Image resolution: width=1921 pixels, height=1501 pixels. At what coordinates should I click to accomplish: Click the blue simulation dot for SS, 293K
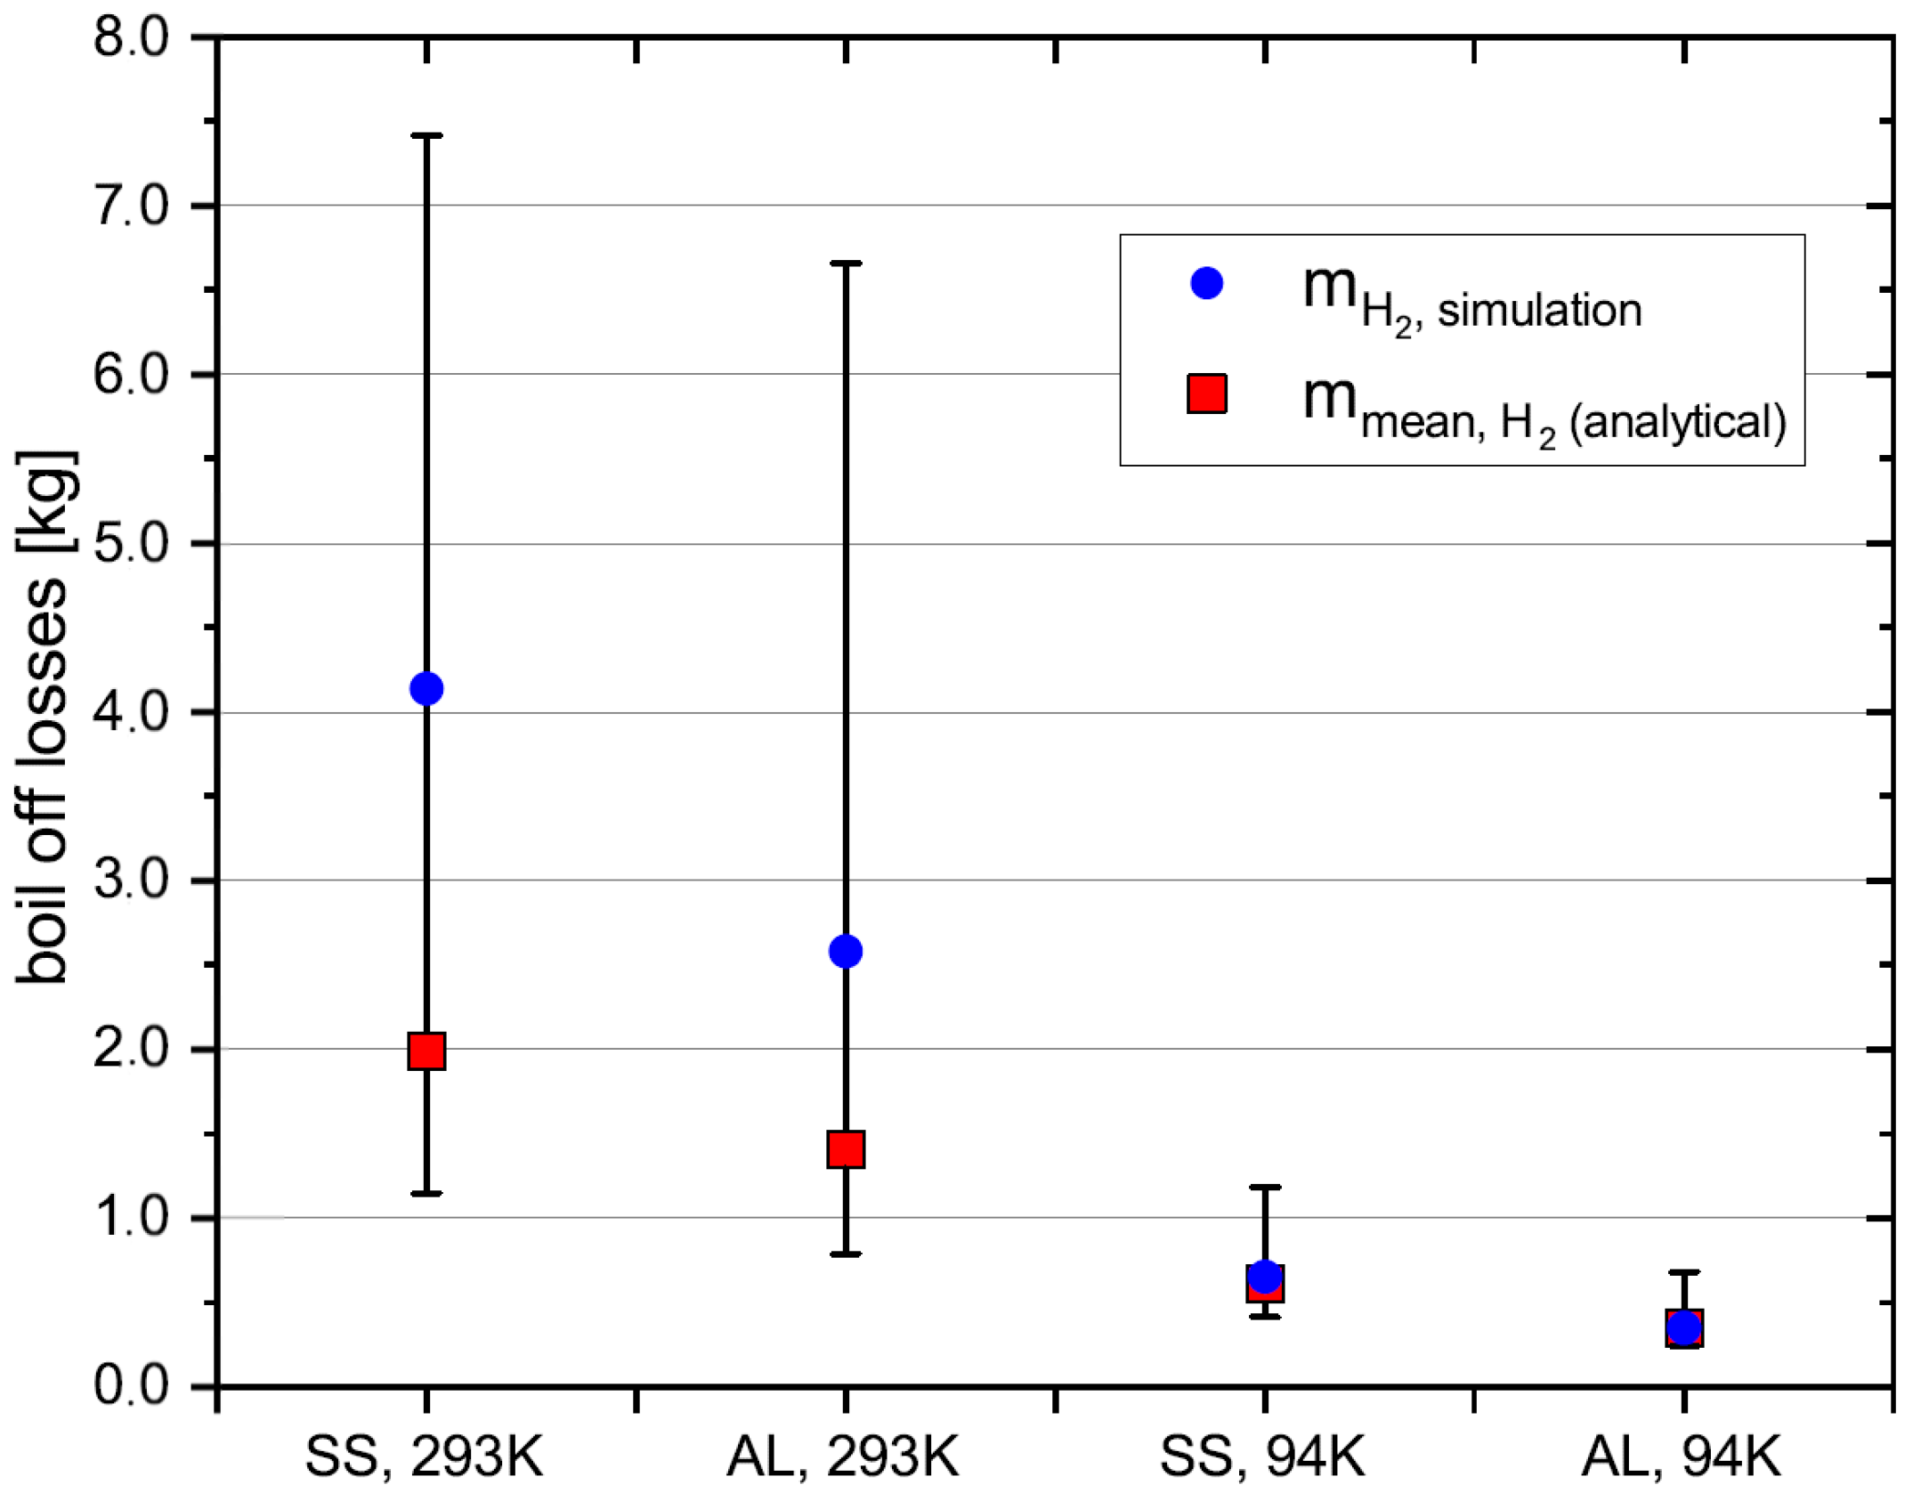[x=426, y=688]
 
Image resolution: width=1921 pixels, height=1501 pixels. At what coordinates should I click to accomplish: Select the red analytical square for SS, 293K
[x=426, y=1051]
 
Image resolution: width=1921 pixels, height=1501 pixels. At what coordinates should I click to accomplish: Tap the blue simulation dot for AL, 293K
[x=845, y=951]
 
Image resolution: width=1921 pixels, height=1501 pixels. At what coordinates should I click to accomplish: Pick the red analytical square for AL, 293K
[x=845, y=1148]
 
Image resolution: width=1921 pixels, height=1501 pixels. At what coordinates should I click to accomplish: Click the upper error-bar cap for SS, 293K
[x=426, y=135]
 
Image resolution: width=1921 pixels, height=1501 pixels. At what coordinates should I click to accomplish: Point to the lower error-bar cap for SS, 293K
[x=426, y=1193]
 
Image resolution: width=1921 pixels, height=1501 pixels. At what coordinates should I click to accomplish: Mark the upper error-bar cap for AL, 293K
[x=845, y=264]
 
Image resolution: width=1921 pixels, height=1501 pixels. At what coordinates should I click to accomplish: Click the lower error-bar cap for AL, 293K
[x=845, y=1254]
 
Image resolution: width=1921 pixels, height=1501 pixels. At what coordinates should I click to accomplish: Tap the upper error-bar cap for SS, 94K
[x=1265, y=1187]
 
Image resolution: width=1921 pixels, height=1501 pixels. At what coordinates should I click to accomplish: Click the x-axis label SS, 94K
[x=1261, y=1457]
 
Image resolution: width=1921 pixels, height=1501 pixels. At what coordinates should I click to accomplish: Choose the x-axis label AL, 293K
[x=842, y=1457]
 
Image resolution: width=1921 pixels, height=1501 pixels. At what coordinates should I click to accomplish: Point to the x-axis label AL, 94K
[x=1680, y=1457]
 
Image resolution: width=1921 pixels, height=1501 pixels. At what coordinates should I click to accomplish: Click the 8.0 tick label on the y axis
[x=131, y=39]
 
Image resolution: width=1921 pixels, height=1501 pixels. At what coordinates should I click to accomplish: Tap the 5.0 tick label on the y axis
[x=131, y=543]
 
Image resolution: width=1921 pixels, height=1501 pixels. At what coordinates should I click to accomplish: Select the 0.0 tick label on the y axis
[x=131, y=1386]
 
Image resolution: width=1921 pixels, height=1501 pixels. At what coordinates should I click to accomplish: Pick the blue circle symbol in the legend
[x=1206, y=283]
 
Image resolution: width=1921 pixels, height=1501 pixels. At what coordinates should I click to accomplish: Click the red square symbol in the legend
[x=1206, y=394]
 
